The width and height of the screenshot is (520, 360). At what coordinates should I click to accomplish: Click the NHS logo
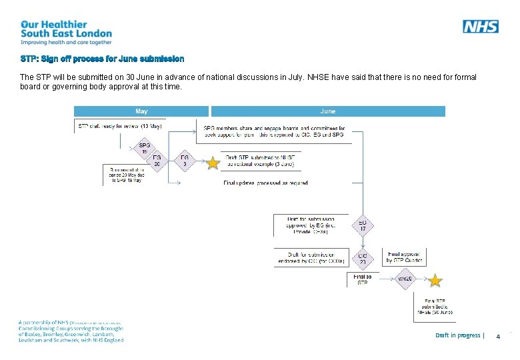tap(480, 26)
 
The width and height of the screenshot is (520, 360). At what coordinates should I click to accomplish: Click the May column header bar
tap(141, 111)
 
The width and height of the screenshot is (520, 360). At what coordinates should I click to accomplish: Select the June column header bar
tap(327, 111)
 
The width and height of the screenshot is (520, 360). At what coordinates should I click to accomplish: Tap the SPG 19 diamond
tap(144, 147)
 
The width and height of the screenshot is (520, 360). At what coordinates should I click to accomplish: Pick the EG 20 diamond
tap(157, 161)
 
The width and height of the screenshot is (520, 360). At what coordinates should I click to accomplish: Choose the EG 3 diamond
tap(185, 161)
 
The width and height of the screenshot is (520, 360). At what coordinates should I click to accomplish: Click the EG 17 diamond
tap(363, 227)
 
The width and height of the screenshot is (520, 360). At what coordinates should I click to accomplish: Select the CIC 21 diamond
tap(363, 257)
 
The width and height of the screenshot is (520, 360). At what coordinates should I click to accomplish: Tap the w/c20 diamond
tap(405, 279)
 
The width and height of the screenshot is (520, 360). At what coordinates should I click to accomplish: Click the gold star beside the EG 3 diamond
tap(213, 163)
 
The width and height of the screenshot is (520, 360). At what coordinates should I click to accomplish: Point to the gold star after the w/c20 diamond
tap(435, 279)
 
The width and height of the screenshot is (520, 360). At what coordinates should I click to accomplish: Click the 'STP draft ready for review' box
tap(119, 126)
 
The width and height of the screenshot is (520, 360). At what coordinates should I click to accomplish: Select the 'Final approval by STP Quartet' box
tap(405, 257)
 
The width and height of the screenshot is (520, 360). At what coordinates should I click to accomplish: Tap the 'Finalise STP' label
tap(362, 279)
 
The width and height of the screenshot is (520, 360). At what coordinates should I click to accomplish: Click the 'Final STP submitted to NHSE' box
tap(435, 307)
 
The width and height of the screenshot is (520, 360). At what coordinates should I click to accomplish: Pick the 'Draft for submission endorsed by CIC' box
tap(311, 257)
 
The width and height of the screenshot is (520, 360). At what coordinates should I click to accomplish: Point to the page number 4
tap(497, 337)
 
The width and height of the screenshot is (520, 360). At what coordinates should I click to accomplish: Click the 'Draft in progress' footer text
tap(459, 335)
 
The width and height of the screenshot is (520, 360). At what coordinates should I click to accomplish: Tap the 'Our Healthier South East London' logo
tap(66, 33)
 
